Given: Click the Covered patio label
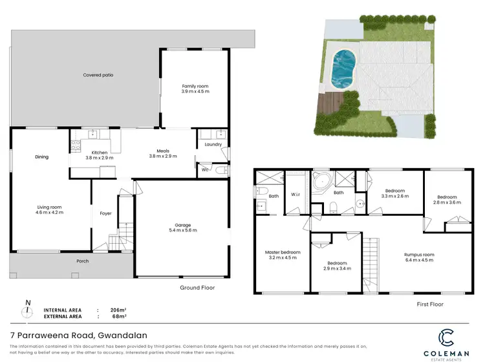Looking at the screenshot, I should (x=98, y=75).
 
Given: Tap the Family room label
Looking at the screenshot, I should (x=195, y=86).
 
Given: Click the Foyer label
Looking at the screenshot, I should (x=105, y=213).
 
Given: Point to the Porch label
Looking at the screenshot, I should (x=82, y=261).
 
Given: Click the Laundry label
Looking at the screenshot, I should (x=213, y=145).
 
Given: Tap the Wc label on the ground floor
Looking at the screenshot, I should (x=204, y=170).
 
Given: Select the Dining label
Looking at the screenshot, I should (x=41, y=156).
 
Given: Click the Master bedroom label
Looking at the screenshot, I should (x=283, y=252).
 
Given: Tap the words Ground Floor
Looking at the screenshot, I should (x=197, y=288).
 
